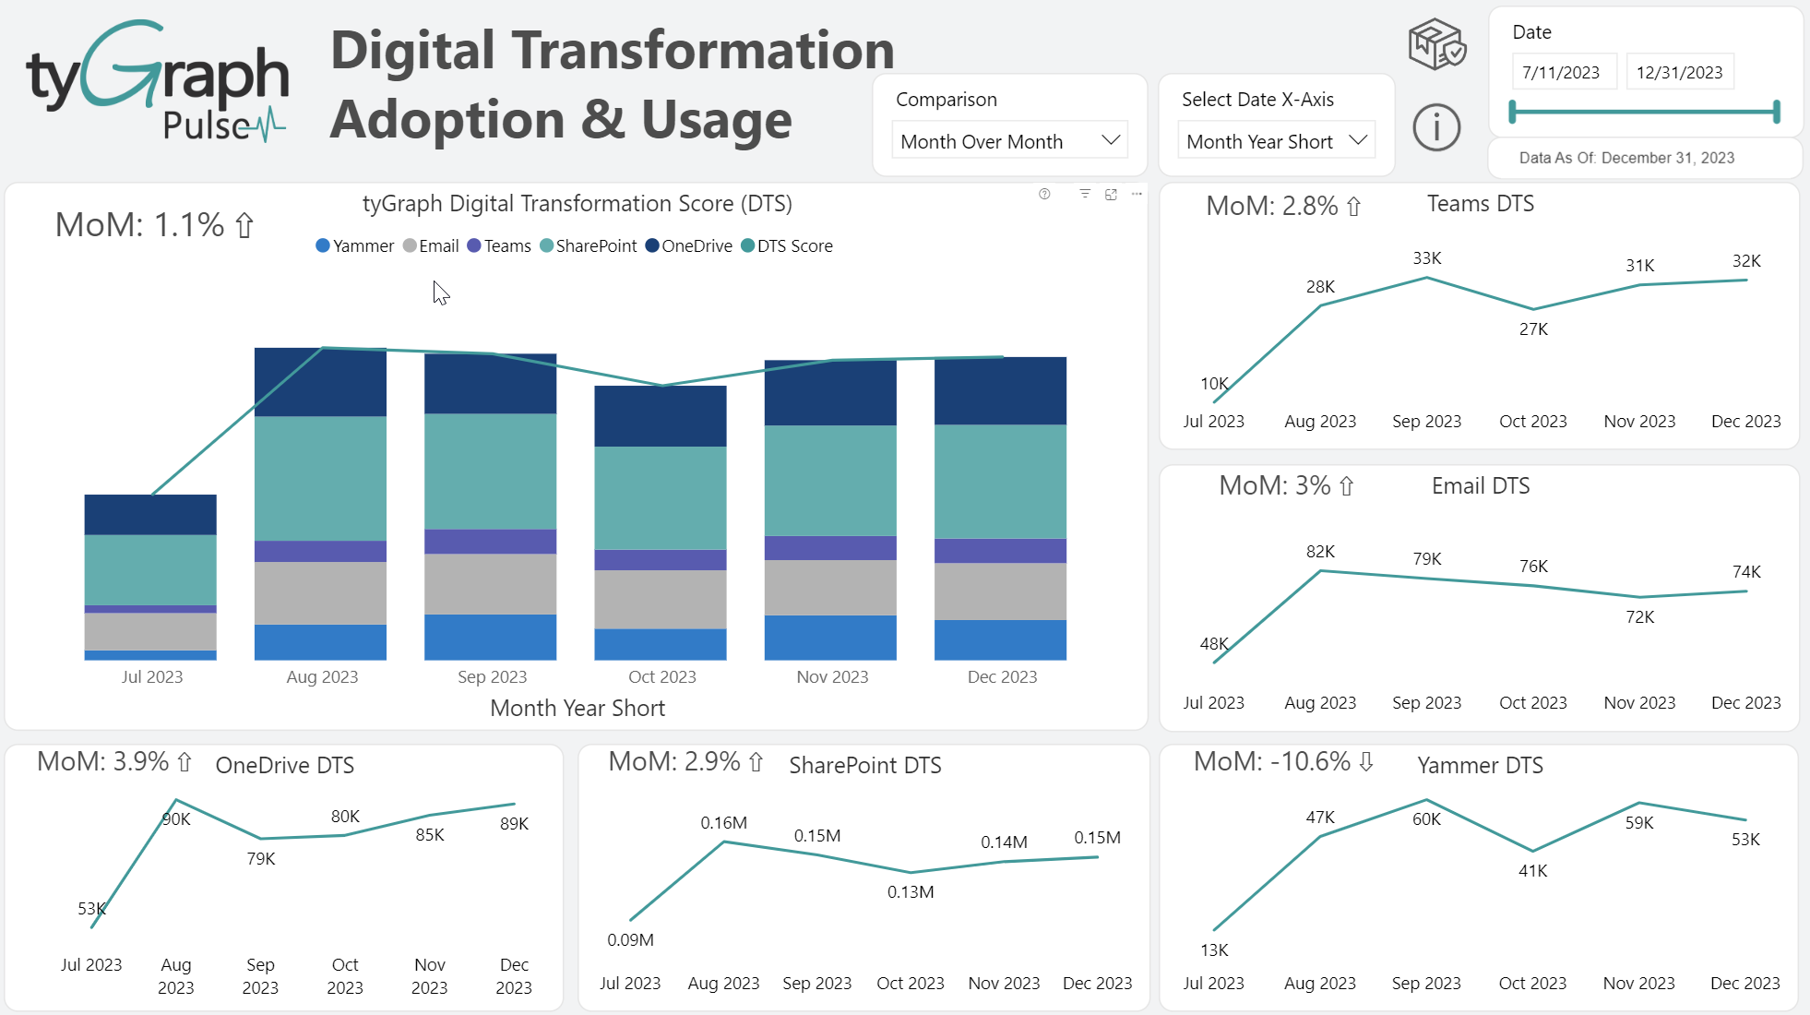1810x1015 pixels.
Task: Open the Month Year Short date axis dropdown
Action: coord(1276,141)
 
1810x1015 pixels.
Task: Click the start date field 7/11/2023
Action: coord(1562,72)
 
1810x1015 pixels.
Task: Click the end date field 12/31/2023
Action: coord(1679,72)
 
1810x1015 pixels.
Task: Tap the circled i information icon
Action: coord(1436,127)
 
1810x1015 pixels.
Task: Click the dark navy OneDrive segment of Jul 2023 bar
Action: coord(150,515)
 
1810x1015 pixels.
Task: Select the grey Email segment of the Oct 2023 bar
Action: coord(661,599)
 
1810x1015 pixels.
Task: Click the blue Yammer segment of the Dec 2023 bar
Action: coord(1000,639)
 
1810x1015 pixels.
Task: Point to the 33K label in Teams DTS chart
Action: coord(1427,258)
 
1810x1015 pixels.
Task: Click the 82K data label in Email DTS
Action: coord(1320,552)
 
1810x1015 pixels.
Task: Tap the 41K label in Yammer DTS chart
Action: coord(1532,871)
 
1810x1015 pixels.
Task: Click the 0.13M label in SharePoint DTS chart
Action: coord(911,892)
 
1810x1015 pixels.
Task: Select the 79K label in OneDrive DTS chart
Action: coord(261,859)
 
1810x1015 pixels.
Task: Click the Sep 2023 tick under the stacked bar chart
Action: coord(492,677)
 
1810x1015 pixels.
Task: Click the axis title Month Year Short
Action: coord(578,709)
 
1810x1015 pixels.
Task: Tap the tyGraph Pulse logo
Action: coord(158,83)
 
